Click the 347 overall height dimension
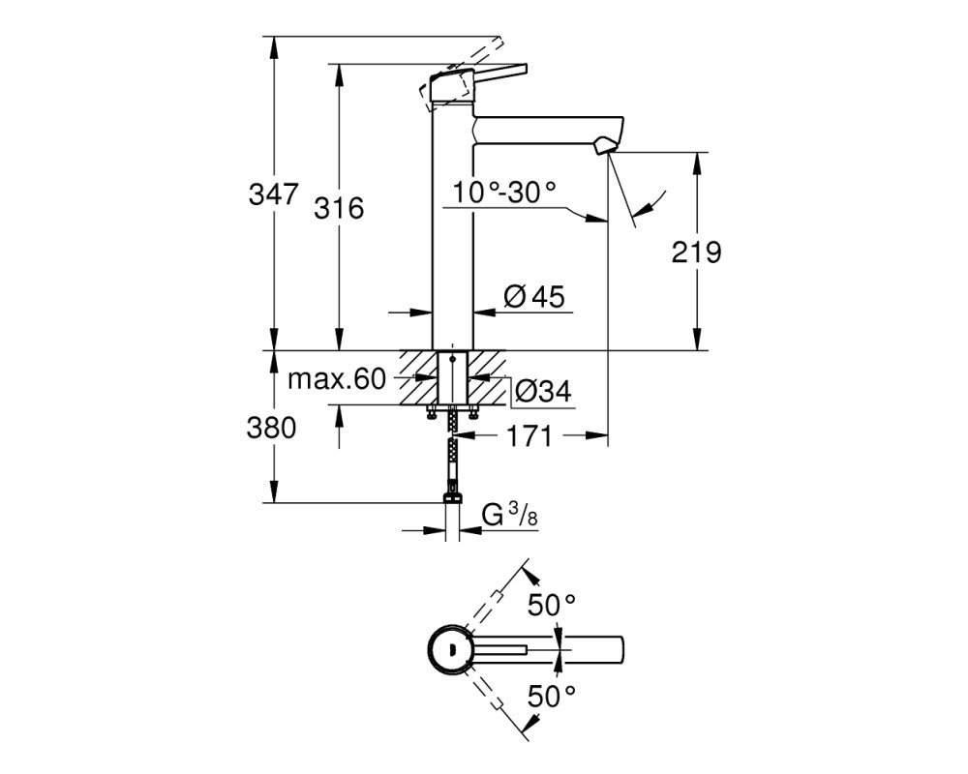tap(274, 194)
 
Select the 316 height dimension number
tap(339, 209)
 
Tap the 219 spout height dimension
tap(696, 252)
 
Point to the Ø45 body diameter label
tap(534, 297)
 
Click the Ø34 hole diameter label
tap(543, 391)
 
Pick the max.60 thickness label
tap(337, 379)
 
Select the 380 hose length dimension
tap(272, 427)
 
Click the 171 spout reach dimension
tap(529, 436)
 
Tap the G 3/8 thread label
tap(510, 516)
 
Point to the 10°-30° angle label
tap(504, 193)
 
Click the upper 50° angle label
tap(552, 605)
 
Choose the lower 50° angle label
tap(552, 697)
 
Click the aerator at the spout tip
tap(604, 147)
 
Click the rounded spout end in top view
tap(621, 650)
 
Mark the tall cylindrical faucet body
tap(452, 227)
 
